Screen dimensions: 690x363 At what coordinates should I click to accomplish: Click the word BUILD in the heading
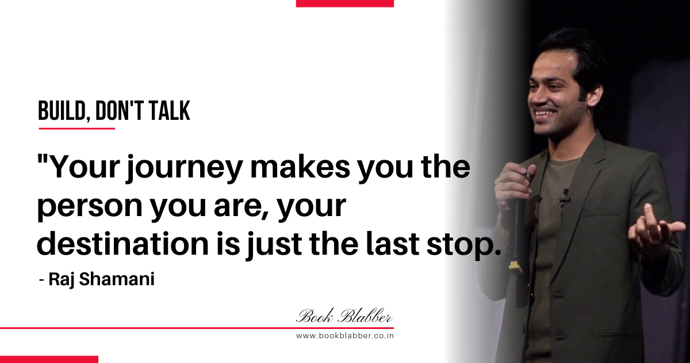pyautogui.click(x=62, y=111)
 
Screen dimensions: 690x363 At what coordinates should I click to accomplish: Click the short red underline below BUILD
pyautogui.click(x=76, y=128)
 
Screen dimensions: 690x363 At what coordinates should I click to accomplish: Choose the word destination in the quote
pyautogui.click(x=122, y=244)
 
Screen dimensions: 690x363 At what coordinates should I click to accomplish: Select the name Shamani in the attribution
pyautogui.click(x=116, y=279)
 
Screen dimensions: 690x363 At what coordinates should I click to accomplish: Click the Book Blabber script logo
pyautogui.click(x=344, y=316)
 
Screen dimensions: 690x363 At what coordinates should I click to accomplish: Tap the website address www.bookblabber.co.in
pyautogui.click(x=344, y=336)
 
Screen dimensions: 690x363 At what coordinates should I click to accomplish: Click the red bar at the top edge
pyautogui.click(x=344, y=3)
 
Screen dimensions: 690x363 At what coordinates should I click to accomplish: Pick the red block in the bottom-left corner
pyautogui.click(x=49, y=360)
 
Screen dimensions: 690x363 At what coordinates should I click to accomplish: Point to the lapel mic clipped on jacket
pyautogui.click(x=565, y=198)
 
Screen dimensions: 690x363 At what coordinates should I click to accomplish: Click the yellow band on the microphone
pyautogui.click(x=513, y=266)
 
